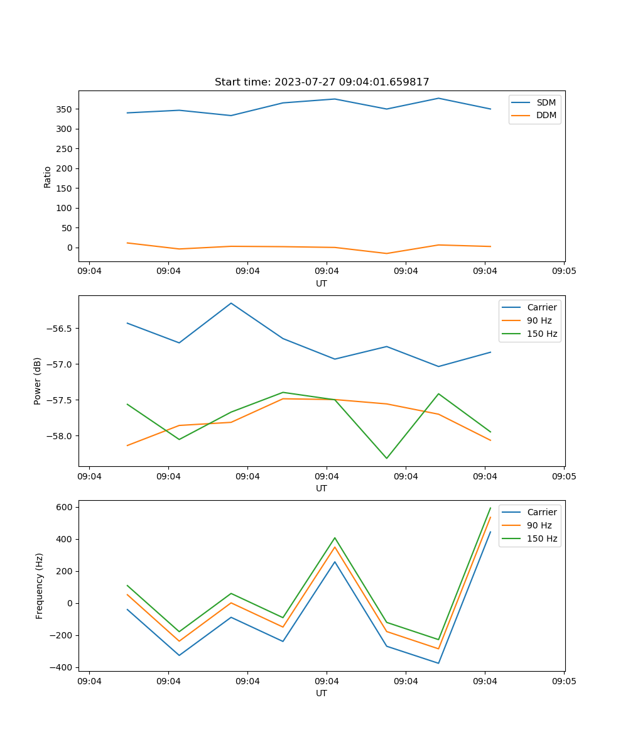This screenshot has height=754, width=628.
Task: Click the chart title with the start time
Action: point(322,82)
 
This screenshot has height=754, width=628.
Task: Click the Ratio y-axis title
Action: point(48,177)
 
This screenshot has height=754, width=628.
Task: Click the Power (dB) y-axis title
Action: point(38,381)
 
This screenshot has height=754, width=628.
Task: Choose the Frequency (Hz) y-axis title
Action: point(40,586)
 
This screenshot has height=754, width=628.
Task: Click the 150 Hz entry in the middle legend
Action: point(541,334)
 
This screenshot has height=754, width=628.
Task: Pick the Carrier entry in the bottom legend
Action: point(541,512)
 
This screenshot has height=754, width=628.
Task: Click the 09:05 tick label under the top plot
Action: point(563,271)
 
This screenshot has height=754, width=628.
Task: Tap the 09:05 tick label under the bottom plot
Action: point(563,681)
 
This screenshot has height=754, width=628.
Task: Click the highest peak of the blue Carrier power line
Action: point(231,303)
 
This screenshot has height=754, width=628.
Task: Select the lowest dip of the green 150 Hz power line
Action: point(387,458)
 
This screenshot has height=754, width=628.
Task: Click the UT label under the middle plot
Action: point(322,488)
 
